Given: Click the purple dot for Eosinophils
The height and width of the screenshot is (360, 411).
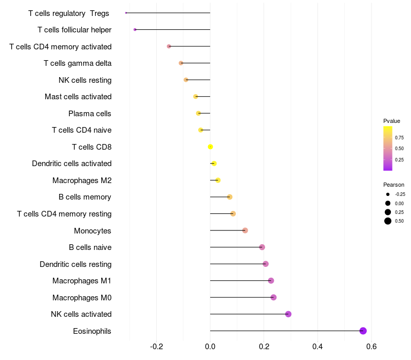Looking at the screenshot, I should pos(363,331).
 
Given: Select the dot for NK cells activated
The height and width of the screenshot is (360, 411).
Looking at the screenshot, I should pos(288,314).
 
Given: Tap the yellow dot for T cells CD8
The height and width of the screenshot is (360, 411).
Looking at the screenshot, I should pos(210,147).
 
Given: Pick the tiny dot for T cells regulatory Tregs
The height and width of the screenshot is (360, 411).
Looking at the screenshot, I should pos(126,13).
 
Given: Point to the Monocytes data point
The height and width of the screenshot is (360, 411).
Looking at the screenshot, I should pos(245,230).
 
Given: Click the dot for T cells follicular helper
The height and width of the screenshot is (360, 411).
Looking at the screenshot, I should pos(135,30).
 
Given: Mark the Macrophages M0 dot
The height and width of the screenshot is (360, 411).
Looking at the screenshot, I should pos(273,297).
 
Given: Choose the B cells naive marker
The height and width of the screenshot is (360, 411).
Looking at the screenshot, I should pos(262,247).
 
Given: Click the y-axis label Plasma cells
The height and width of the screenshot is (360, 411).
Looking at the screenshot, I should pos(89,114).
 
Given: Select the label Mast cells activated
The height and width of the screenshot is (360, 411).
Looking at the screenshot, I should pos(78,97).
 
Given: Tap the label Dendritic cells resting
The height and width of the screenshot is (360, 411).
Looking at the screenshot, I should pos(76,264).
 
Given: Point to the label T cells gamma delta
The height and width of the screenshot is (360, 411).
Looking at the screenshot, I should pos(78,63).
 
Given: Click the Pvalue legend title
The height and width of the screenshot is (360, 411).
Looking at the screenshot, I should pos(391,121).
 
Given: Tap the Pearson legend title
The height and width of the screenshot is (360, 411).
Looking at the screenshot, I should pos(394,185).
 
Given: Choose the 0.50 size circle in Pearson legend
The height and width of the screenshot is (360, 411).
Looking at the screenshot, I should pos(388,221).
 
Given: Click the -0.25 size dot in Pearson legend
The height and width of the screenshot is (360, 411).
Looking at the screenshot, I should pos(388,194).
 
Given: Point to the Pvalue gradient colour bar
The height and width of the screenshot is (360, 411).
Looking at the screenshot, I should pos(388,148).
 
